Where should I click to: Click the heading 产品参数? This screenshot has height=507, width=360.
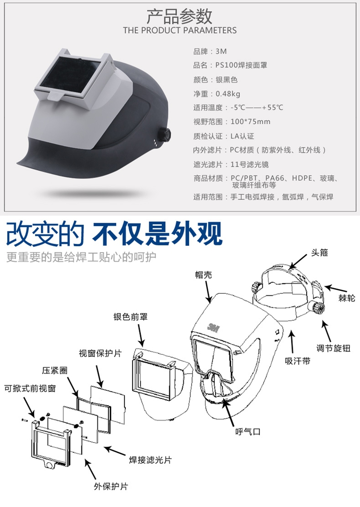click(180, 16)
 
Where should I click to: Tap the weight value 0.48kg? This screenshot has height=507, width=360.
click(228, 94)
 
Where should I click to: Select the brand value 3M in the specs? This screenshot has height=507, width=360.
click(221, 51)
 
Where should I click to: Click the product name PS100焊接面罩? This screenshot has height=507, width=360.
click(241, 65)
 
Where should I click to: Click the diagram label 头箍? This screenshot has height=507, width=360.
click(319, 253)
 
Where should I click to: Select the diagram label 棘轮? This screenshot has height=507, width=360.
click(347, 298)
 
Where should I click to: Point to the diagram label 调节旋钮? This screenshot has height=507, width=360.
click(333, 348)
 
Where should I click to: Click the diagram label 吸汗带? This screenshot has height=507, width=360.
click(297, 361)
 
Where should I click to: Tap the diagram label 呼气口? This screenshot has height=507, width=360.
click(248, 431)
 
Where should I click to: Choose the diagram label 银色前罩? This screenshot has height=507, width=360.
click(131, 316)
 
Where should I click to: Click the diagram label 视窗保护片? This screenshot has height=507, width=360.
click(100, 353)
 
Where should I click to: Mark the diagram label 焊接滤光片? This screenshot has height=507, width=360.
click(150, 460)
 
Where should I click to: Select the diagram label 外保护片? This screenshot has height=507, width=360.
click(111, 486)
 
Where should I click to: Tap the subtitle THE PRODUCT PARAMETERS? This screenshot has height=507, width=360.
click(180, 30)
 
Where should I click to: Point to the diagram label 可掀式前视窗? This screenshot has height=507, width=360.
click(30, 388)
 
